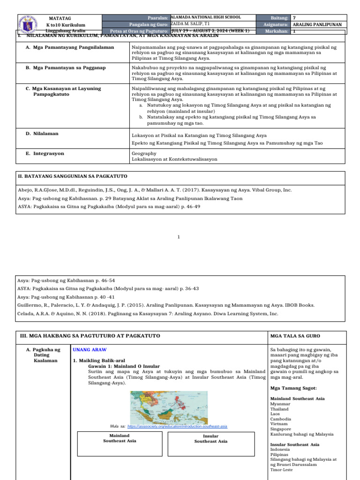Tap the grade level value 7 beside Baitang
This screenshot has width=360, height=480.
pyautogui.click(x=294, y=18)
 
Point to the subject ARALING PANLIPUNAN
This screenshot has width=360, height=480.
pyautogui.click(x=316, y=24)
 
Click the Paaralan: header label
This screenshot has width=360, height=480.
pyautogui.click(x=157, y=18)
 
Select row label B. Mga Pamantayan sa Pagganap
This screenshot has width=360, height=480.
pyautogui.click(x=69, y=67)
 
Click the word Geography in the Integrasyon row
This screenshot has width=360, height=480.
pyautogui.click(x=144, y=153)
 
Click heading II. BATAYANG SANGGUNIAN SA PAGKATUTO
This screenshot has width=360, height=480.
pyautogui.click(x=72, y=176)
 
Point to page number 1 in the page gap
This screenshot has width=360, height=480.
pyautogui.click(x=179, y=237)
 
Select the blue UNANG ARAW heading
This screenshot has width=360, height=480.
pyautogui.click(x=90, y=350)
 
